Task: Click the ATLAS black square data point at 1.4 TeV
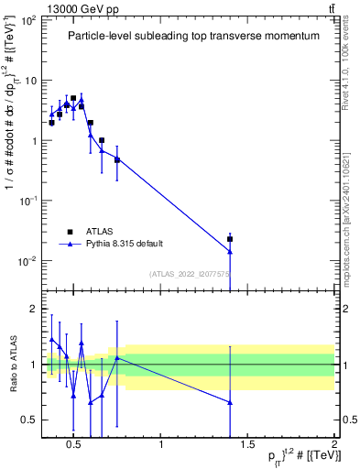click(x=230, y=239)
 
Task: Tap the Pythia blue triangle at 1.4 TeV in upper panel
click(x=230, y=251)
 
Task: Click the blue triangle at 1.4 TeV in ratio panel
click(x=230, y=402)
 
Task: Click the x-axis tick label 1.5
click(x=247, y=446)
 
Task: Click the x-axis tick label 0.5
click(x=75, y=446)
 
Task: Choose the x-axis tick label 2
click(x=334, y=446)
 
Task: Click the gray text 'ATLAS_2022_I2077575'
click(x=190, y=273)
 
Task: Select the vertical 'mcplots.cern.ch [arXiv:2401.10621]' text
click(x=351, y=211)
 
